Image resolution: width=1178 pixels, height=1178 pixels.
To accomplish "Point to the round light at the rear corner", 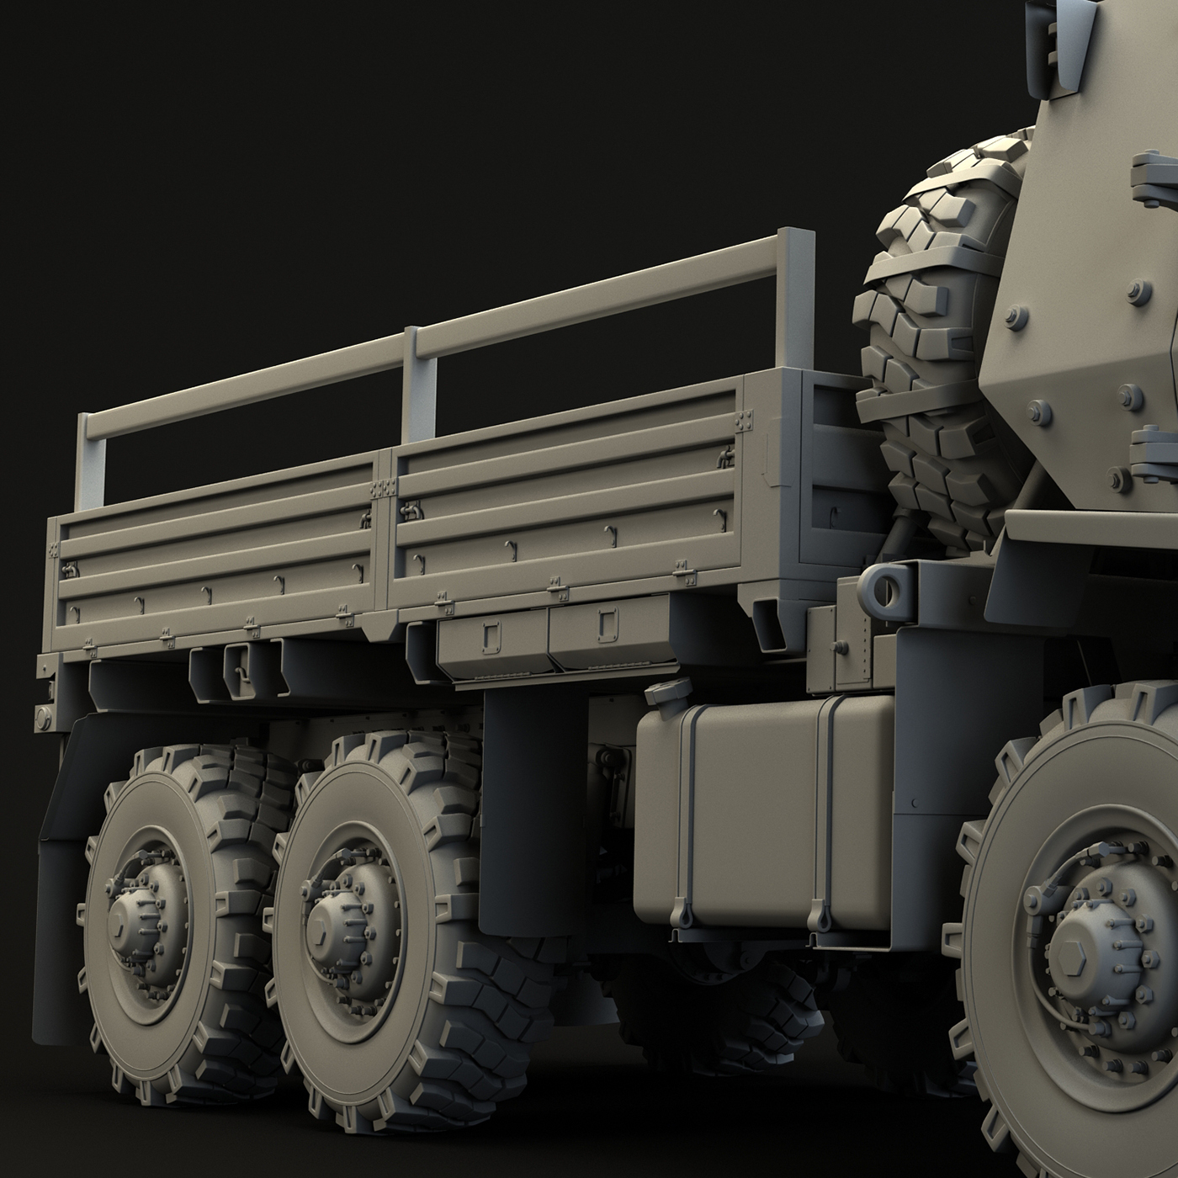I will pyautogui.click(x=42, y=716).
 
